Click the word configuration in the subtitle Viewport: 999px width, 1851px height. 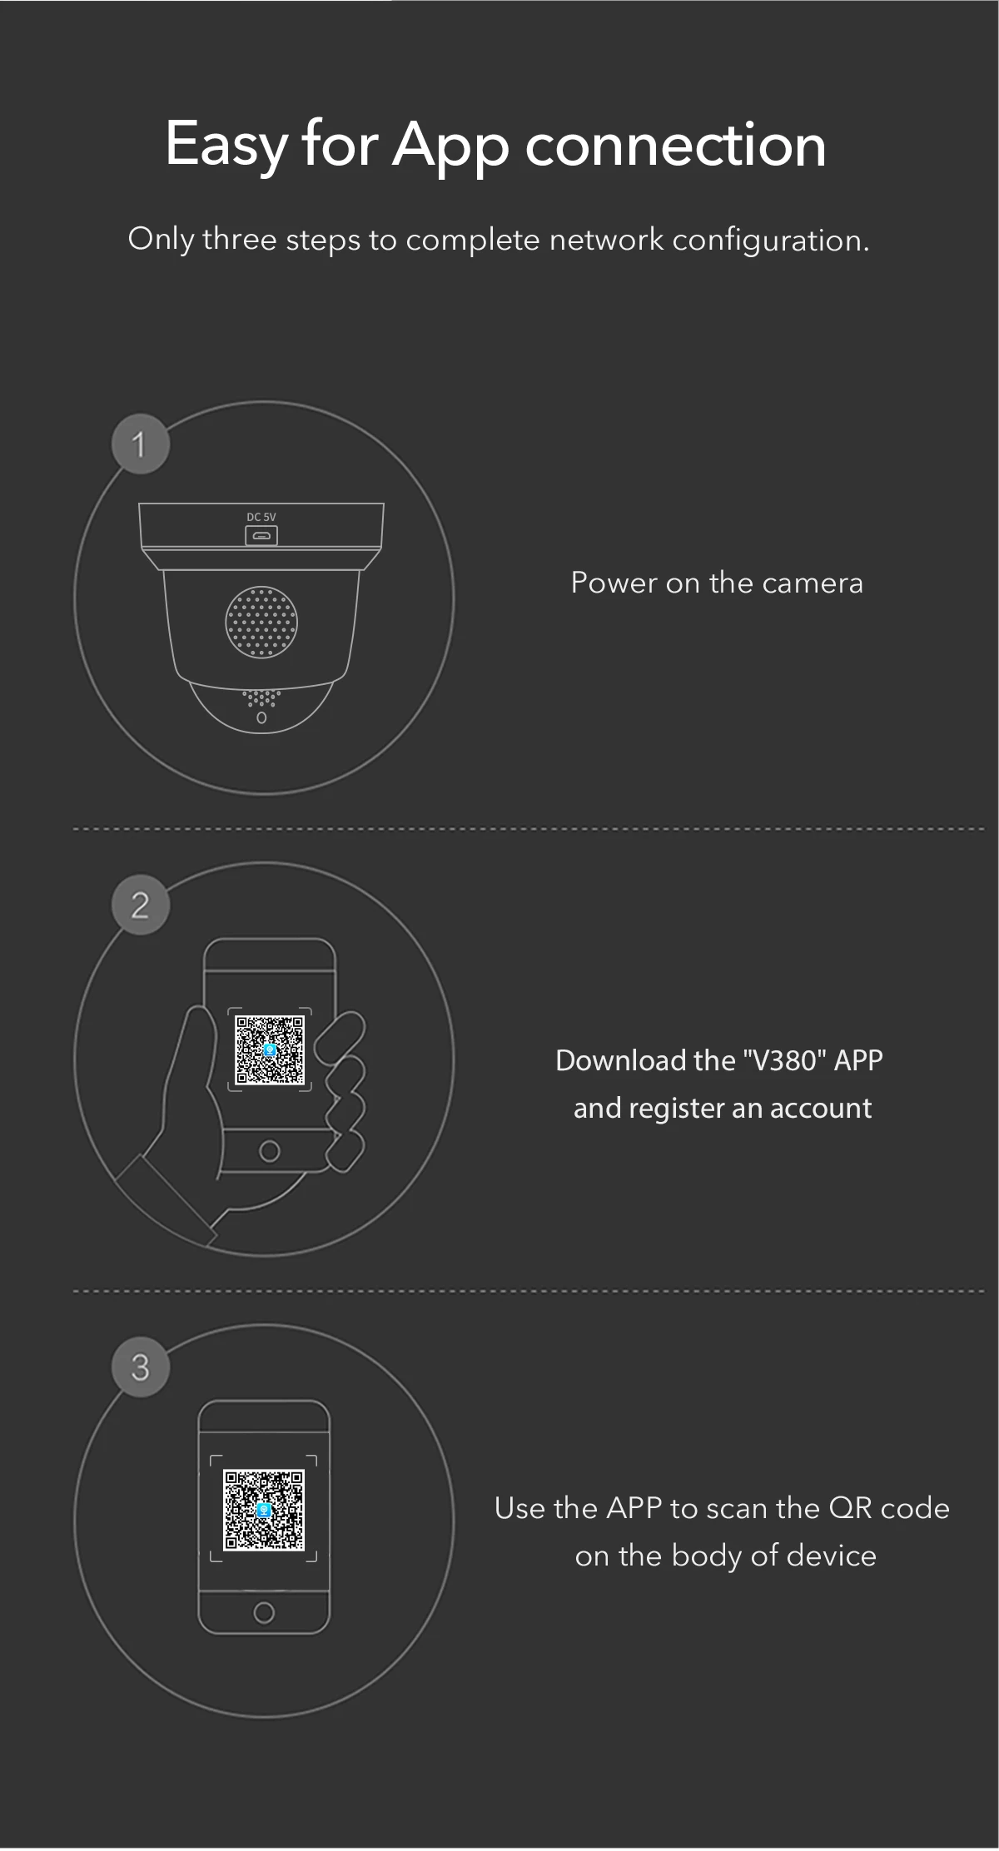pos(771,241)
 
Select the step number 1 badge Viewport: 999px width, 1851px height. pos(141,444)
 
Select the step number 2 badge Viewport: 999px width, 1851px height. pos(141,905)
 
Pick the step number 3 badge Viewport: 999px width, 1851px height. pos(141,1367)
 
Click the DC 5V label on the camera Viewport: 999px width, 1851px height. pos(261,517)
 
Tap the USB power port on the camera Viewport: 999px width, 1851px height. pos(261,536)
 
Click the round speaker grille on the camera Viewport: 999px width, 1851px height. pos(261,621)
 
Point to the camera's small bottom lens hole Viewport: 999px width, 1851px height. pos(261,717)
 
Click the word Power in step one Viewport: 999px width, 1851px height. pos(614,583)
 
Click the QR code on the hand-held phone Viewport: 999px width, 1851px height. pos(270,1050)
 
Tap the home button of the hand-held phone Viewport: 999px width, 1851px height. pos(269,1151)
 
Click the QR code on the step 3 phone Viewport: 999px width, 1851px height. pos(264,1510)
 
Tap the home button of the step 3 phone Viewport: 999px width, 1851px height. pos(264,1613)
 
